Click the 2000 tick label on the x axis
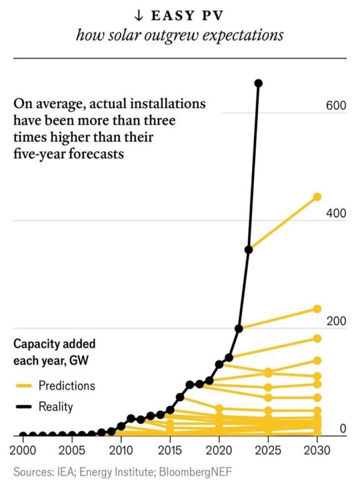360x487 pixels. coord(23,450)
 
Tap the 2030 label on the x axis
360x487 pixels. coord(317,450)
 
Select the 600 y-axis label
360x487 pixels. coord(335,106)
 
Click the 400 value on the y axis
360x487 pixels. coord(335,214)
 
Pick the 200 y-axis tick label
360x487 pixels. coord(335,321)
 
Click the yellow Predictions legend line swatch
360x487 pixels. coord(22,385)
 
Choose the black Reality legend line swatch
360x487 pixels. coord(22,407)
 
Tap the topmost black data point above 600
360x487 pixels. coord(258,83)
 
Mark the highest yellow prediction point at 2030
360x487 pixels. coord(317,197)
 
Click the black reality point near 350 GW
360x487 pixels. coord(248,250)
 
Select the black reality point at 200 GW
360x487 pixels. coord(238,328)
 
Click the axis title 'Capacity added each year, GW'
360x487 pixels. coord(55,353)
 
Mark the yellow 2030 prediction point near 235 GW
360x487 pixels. coord(317,309)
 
